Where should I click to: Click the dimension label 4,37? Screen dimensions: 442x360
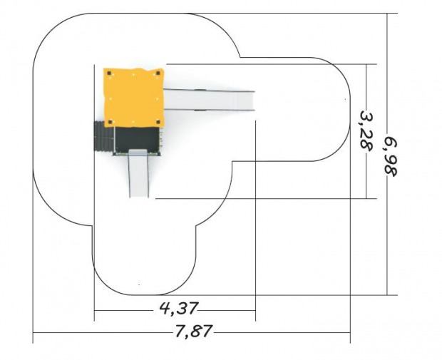[179, 308]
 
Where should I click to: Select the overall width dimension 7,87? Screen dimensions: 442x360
[193, 331]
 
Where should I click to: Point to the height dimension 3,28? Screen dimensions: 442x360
[366, 130]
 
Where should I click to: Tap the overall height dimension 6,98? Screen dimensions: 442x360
[391, 156]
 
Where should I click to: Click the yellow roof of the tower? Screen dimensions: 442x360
[133, 98]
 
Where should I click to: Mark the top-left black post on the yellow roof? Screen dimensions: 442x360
[109, 73]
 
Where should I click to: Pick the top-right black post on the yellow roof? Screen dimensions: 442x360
[158, 73]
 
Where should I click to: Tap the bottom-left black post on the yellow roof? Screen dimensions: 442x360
[110, 122]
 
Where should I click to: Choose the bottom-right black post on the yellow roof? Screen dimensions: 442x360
[158, 122]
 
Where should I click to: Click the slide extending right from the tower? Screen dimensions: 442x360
[209, 100]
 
